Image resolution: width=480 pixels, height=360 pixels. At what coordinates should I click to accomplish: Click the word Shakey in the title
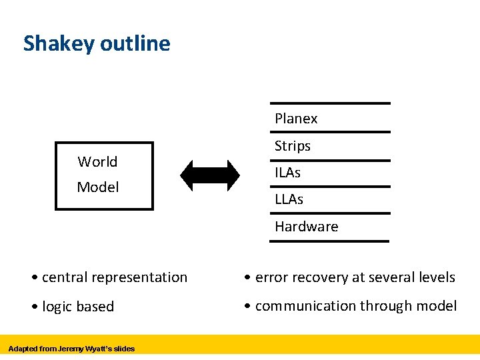59,44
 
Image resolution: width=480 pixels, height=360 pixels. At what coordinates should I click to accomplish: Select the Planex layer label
296,119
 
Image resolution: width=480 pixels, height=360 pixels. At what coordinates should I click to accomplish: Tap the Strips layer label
293,146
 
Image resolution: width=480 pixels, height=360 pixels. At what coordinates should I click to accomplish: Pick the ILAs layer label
287,173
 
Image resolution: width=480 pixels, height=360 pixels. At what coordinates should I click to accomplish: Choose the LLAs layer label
289,199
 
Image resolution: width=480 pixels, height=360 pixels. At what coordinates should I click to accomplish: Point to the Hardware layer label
306,227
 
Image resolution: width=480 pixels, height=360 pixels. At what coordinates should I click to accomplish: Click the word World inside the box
97,162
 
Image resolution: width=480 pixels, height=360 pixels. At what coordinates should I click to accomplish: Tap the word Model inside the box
98,187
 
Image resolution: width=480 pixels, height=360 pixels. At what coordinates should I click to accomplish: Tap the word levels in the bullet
437,277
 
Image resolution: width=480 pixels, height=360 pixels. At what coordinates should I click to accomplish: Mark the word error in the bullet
271,277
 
